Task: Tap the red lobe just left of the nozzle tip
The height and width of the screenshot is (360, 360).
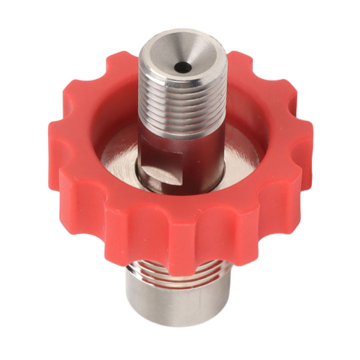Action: [x=120, y=75]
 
